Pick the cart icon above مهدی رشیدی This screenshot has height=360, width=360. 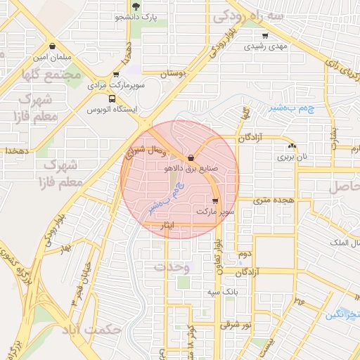click(x=264, y=36)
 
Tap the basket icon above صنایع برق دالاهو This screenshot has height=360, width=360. click(x=191, y=157)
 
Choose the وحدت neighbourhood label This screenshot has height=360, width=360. click(x=171, y=267)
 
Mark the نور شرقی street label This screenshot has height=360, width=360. click(x=236, y=324)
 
